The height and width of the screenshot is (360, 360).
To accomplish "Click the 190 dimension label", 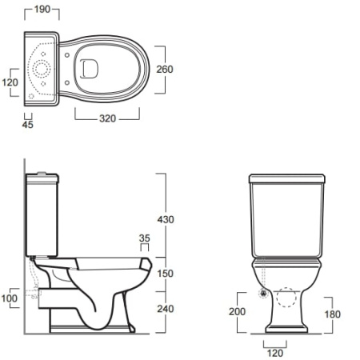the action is pyautogui.click(x=42, y=10).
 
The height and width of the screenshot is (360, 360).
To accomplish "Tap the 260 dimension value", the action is pyautogui.click(x=165, y=70).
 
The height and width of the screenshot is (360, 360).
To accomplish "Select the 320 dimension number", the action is pyautogui.click(x=107, y=118).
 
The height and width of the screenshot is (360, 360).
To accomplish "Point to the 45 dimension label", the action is pyautogui.click(x=28, y=125).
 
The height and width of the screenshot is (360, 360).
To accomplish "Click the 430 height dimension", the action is pyautogui.click(x=166, y=219).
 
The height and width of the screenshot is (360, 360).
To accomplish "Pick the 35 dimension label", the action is pyautogui.click(x=145, y=238).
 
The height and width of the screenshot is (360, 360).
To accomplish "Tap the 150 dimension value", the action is pyautogui.click(x=166, y=274).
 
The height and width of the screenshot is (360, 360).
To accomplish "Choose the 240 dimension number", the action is pyautogui.click(x=166, y=309).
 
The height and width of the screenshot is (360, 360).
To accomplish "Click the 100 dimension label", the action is pyautogui.click(x=10, y=298).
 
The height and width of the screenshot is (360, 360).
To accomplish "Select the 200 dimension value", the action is pyautogui.click(x=237, y=311).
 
